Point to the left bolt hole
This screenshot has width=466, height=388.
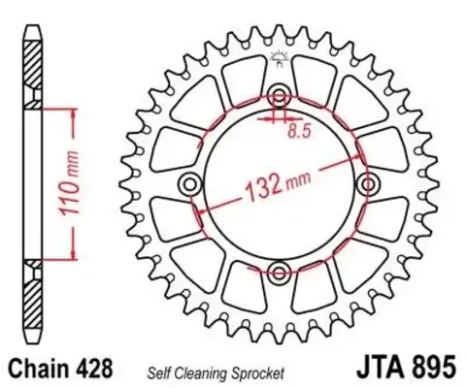tap(190, 181)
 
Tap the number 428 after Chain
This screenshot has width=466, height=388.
tap(99, 369)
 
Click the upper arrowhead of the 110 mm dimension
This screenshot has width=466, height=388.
tap(72, 110)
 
